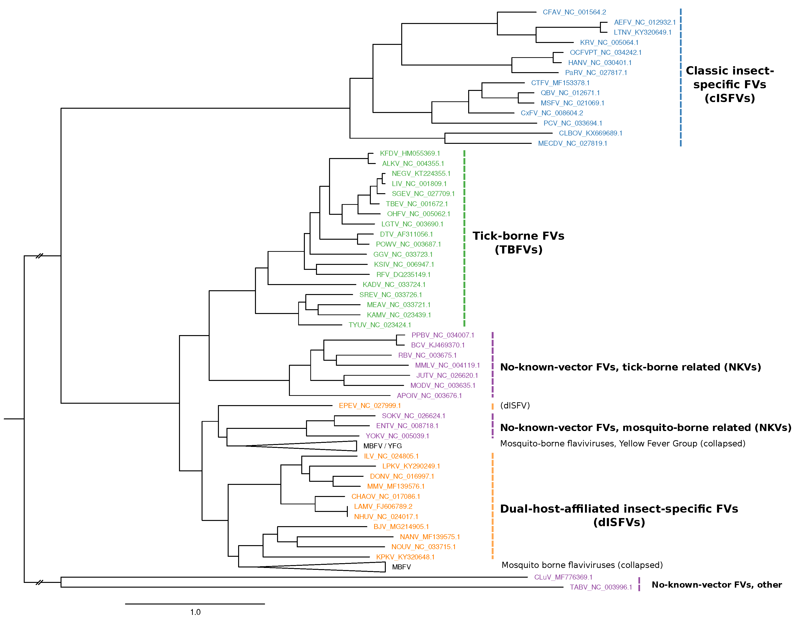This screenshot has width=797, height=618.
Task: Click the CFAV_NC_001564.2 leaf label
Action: pos(574,12)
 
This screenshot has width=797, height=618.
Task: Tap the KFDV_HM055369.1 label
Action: pos(410,154)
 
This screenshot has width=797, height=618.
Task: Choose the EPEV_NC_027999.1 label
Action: pos(370,406)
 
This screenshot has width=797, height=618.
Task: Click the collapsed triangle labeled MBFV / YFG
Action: pos(328,446)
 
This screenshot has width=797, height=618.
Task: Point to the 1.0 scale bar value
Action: pos(195,612)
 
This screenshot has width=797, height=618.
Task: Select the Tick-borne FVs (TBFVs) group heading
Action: pos(518,243)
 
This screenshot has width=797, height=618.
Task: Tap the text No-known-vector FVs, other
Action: pos(716,585)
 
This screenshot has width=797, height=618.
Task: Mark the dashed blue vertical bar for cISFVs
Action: pos(681,77)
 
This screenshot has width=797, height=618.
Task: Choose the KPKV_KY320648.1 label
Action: pos(405,557)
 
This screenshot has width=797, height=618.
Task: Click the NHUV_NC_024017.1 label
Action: pos(386,517)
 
